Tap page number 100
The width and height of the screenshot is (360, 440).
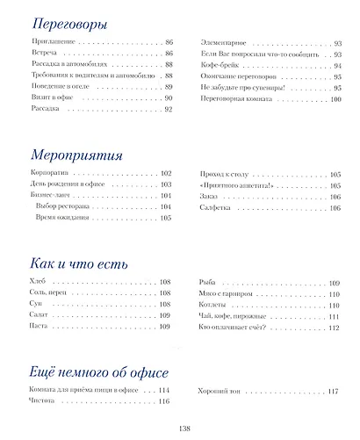click(x=335, y=99)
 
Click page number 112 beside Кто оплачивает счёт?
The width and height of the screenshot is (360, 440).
click(x=333, y=327)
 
